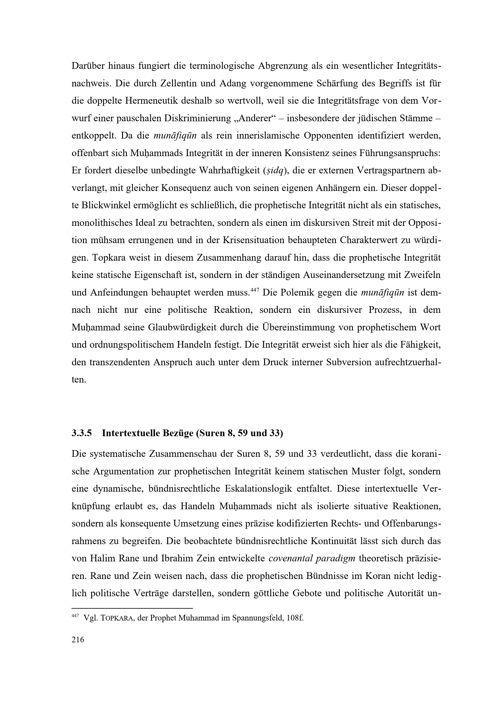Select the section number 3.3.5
coord(82,433)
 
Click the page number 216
coord(78,640)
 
